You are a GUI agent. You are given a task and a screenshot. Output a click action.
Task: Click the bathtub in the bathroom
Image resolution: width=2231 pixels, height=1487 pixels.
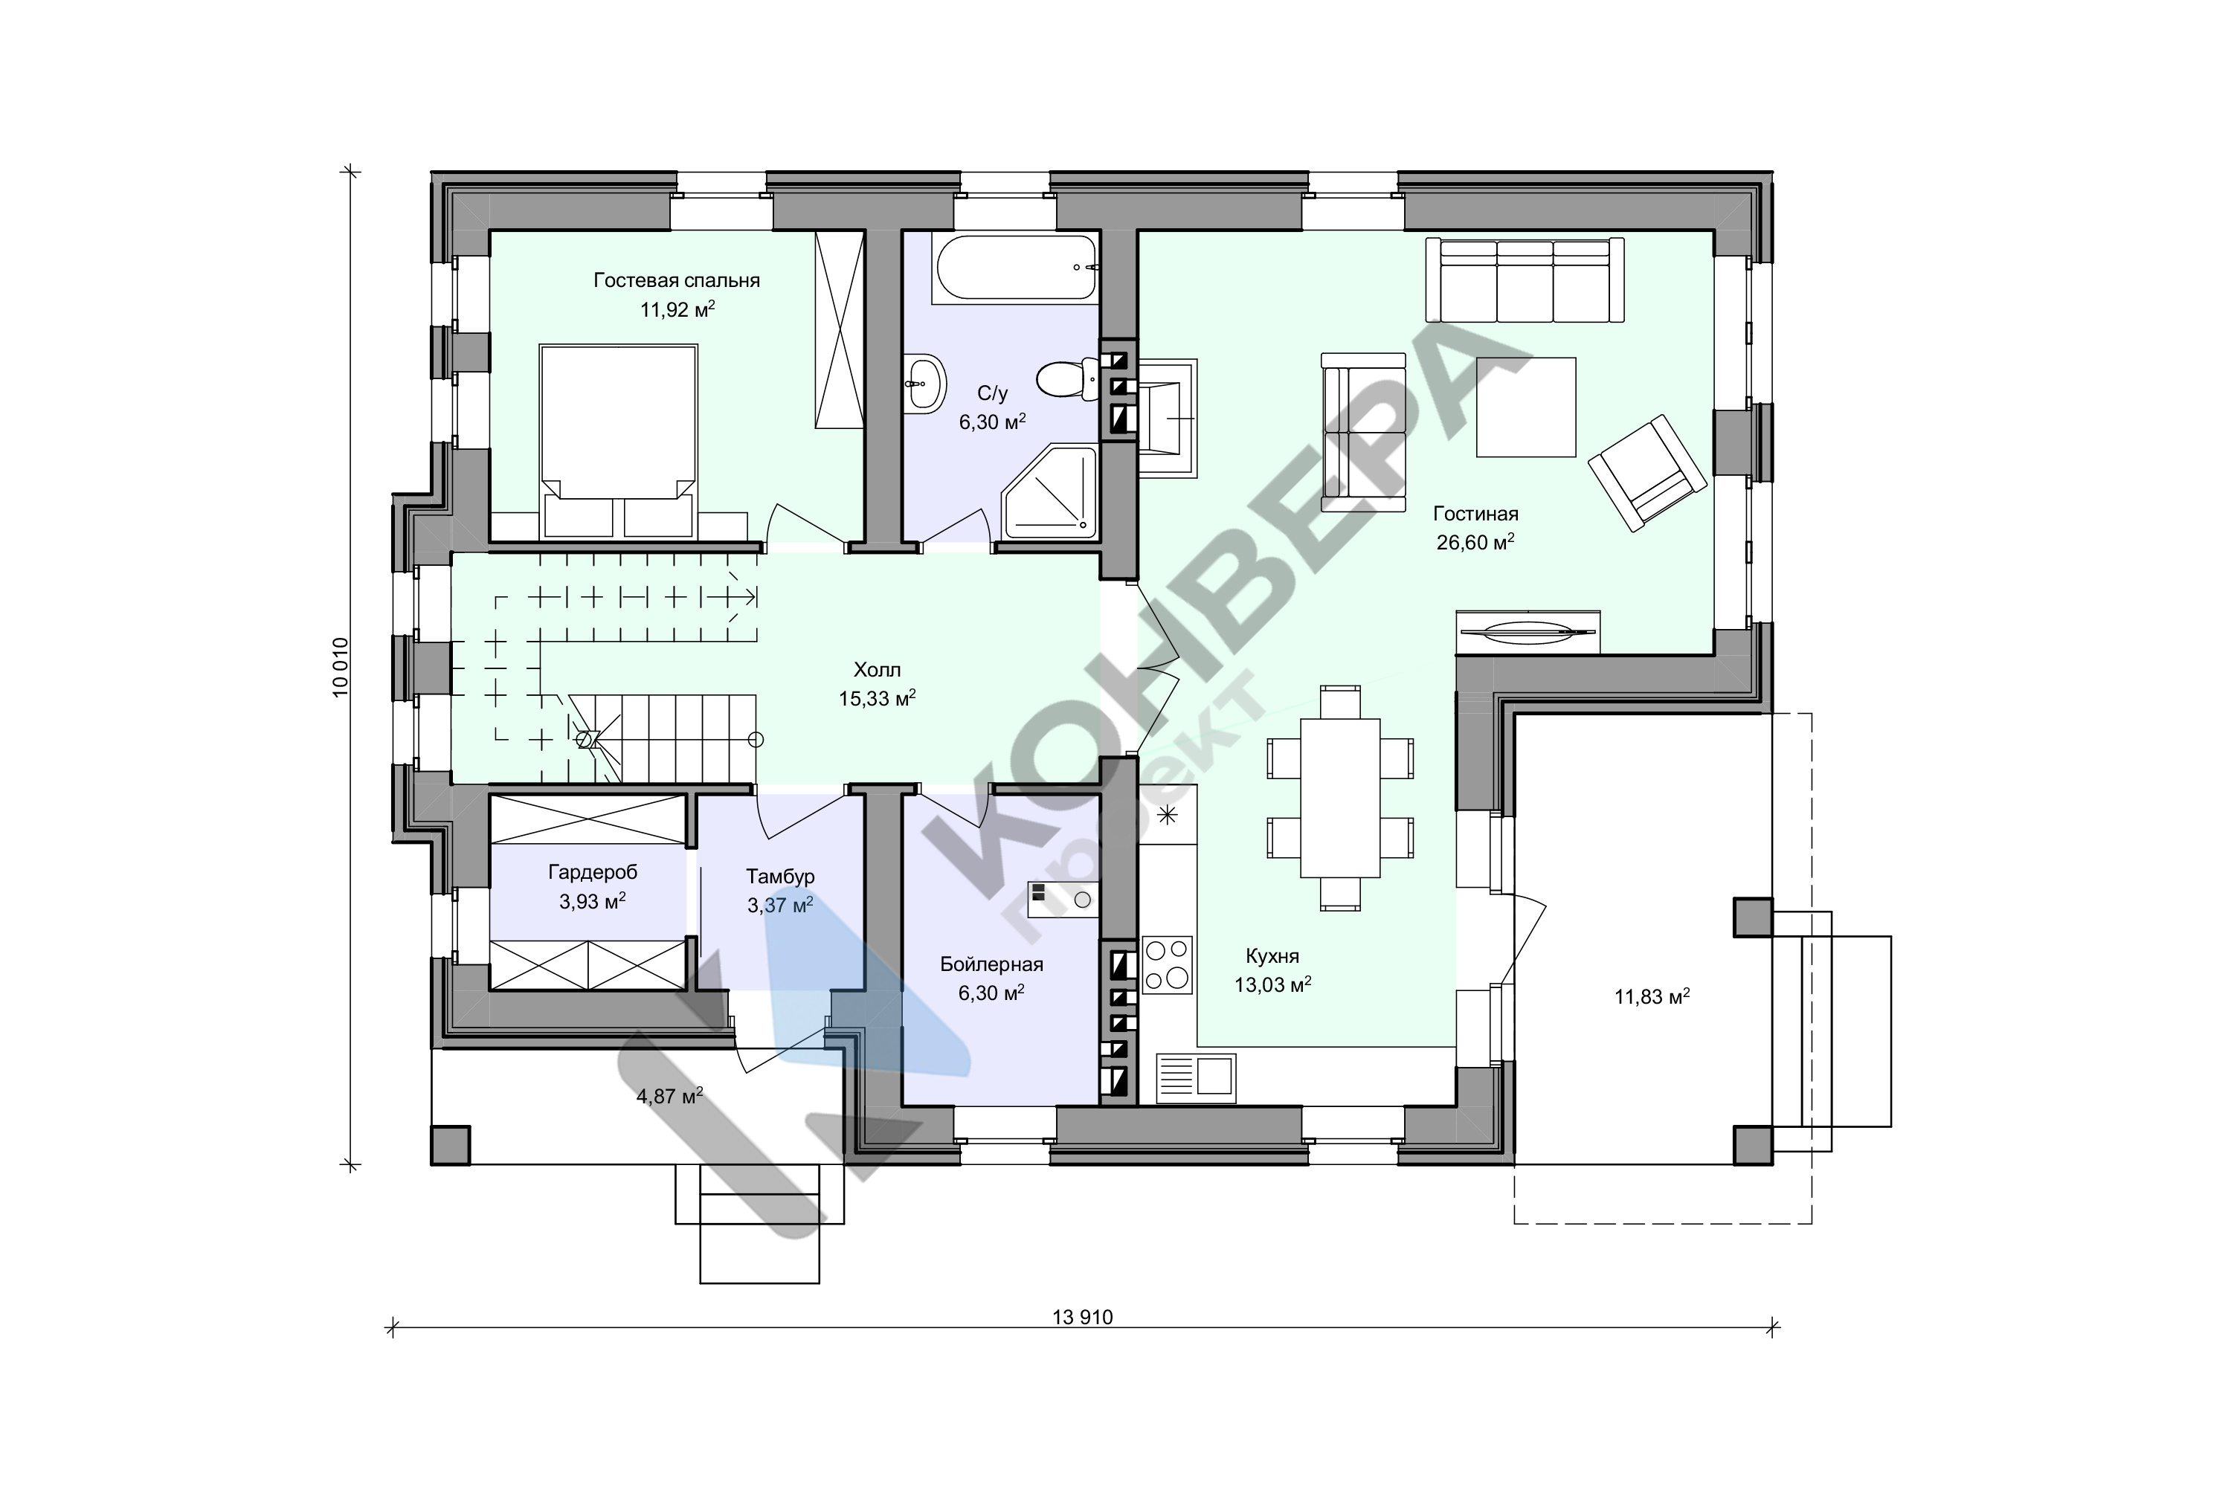(x=1014, y=268)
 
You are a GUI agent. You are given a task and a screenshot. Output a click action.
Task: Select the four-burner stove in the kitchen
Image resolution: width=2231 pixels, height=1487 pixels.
(x=1168, y=964)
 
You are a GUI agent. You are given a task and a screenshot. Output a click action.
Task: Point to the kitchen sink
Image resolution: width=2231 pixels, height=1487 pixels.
(x=1195, y=1077)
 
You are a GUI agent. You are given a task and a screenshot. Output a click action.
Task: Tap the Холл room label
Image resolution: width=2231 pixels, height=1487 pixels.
(x=877, y=671)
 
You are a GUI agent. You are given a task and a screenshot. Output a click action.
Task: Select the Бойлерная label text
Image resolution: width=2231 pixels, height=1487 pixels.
(x=991, y=964)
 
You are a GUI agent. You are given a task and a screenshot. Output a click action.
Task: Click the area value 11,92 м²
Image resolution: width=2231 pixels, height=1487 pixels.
(x=677, y=309)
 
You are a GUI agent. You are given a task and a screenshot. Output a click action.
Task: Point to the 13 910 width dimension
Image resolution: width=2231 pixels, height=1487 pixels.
(x=1082, y=1317)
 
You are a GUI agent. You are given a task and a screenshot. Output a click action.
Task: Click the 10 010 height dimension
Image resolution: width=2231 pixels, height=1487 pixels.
(x=341, y=667)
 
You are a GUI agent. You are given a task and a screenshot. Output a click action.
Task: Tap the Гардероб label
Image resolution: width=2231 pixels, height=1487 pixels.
(x=593, y=872)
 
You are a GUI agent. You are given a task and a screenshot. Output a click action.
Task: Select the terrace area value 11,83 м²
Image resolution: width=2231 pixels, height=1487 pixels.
(x=1652, y=997)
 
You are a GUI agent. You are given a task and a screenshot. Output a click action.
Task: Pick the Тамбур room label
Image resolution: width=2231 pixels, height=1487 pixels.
(x=779, y=877)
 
